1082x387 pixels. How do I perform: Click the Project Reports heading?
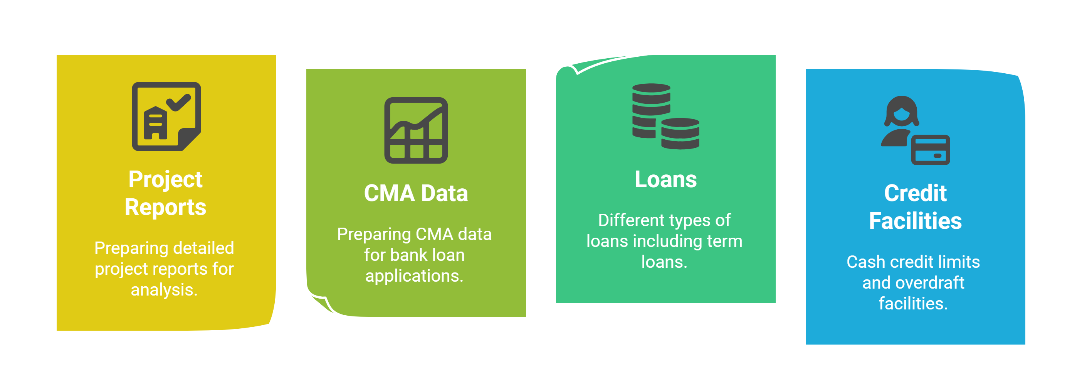pyautogui.click(x=165, y=193)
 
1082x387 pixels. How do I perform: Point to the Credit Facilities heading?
pyautogui.click(x=915, y=207)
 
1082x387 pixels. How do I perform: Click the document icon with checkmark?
pyautogui.click(x=166, y=117)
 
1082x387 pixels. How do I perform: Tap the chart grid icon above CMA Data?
pyautogui.click(x=416, y=130)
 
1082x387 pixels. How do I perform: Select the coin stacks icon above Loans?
pyautogui.click(x=666, y=116)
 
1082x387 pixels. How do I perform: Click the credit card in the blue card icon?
pyautogui.click(x=930, y=150)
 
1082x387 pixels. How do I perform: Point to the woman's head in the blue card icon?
pyautogui.click(x=901, y=111)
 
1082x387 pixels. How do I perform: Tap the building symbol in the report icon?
pyautogui.click(x=155, y=123)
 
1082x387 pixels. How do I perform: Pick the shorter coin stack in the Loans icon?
pyautogui.click(x=680, y=134)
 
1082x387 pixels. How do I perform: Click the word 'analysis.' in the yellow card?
pyautogui.click(x=164, y=290)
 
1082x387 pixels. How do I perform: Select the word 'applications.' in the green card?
pyautogui.click(x=414, y=276)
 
